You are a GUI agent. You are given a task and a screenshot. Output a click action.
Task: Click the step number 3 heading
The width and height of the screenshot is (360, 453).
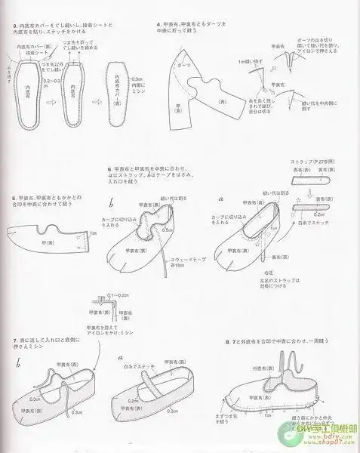15,26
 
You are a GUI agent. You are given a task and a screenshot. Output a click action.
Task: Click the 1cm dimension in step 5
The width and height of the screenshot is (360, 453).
93,234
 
